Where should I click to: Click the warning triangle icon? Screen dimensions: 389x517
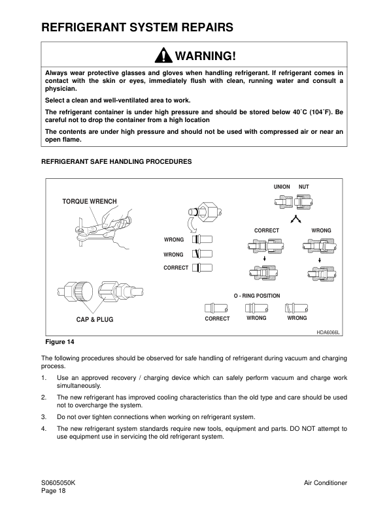pos(163,55)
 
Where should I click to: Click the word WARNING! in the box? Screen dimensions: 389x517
pos(205,55)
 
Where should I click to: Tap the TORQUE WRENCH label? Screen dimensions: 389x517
pos(90,201)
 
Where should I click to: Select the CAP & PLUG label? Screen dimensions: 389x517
pos(95,319)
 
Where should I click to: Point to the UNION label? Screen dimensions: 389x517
pos(282,187)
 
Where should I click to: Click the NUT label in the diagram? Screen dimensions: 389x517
pos(304,187)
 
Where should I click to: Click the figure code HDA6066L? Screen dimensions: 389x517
pos(328,332)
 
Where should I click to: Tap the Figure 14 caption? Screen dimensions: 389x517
pos(59,342)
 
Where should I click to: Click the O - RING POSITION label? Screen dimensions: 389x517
pos(257,296)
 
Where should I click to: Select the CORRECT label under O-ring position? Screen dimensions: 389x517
pos(217,319)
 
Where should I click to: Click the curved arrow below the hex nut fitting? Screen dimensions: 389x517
pos(192,225)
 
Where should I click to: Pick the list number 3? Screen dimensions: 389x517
pos(44,417)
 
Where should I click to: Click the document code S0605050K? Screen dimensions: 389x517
pos(58,483)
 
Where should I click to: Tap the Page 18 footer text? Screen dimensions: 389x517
pos(54,491)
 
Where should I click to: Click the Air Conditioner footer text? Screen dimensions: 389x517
pos(326,483)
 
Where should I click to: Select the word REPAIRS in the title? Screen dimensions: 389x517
pos(203,27)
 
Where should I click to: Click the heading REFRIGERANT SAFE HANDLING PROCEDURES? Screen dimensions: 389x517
pos(116,162)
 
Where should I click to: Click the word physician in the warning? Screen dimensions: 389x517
pos(60,89)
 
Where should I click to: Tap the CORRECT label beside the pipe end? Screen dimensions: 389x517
pos(176,268)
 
